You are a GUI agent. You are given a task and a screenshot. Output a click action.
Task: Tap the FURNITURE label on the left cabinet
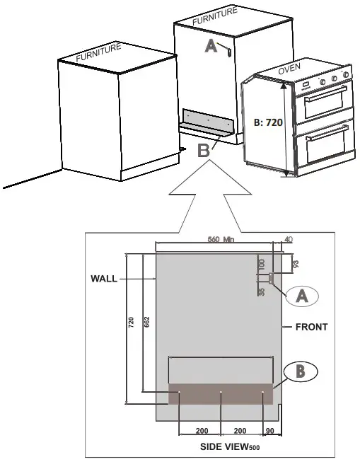(99, 54)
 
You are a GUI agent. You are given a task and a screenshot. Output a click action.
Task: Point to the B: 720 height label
(268, 122)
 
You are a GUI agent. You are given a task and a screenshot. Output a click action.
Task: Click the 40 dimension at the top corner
(287, 240)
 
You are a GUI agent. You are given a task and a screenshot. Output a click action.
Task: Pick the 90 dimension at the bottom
(269, 430)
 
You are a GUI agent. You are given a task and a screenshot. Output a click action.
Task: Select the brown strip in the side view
(221, 394)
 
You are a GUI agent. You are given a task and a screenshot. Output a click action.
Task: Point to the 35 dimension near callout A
(261, 291)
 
